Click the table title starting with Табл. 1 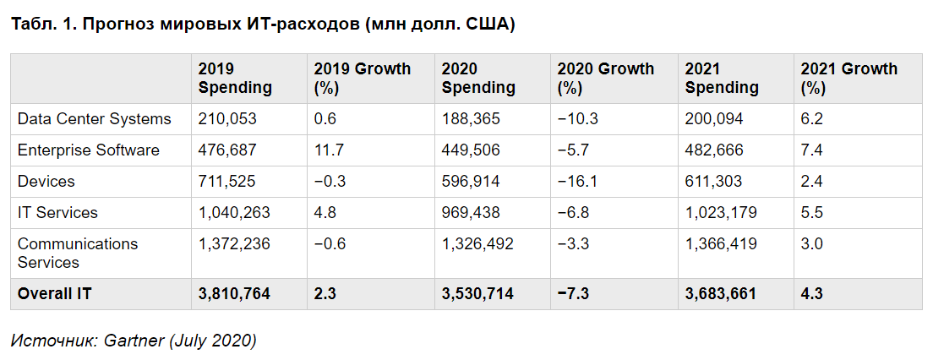(x=263, y=25)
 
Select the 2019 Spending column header (x=235, y=78)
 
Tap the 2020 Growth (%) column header (x=606, y=78)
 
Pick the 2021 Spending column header (x=722, y=78)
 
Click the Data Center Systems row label (x=95, y=119)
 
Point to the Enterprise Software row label (x=89, y=150)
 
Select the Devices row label (x=46, y=182)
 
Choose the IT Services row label (x=57, y=213)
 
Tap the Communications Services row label (x=78, y=253)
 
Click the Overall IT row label (x=53, y=294)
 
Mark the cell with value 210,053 (x=227, y=119)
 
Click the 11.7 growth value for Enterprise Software (x=326, y=150)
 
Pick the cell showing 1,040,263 (x=234, y=213)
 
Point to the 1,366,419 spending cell (x=721, y=244)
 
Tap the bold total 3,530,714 (x=477, y=294)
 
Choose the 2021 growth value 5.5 (x=811, y=213)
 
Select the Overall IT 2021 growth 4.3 (x=812, y=294)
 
